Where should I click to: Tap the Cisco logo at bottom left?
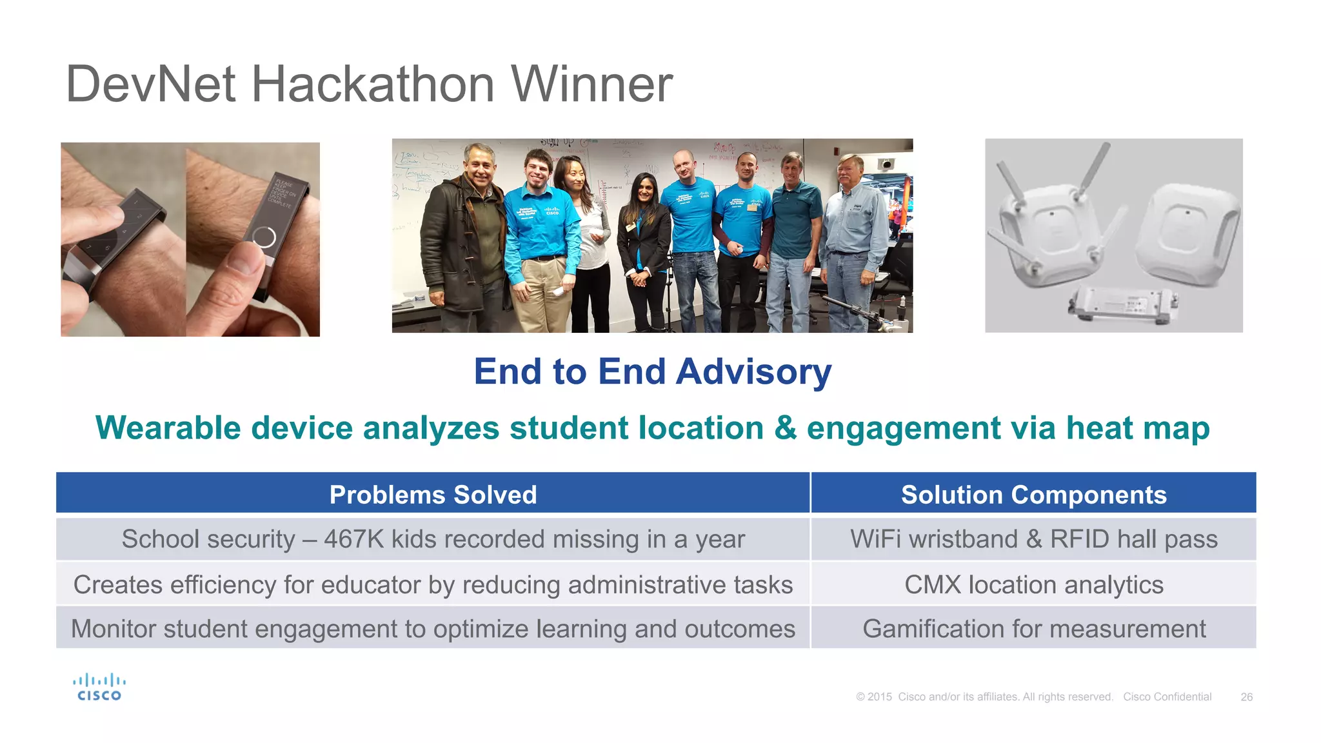[x=99, y=688]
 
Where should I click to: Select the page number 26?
[x=1246, y=697]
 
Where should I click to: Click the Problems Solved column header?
[x=433, y=495]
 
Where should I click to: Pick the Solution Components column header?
[x=1033, y=495]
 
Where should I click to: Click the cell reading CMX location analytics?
[x=1033, y=584]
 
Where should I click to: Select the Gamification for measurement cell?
[x=1033, y=628]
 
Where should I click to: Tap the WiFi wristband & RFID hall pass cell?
[x=1033, y=539]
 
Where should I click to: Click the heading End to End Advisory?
[x=652, y=371]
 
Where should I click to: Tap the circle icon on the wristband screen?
[x=264, y=237]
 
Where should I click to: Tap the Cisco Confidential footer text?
[x=1167, y=697]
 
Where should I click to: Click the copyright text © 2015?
[x=874, y=697]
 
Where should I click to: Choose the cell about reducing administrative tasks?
[x=433, y=584]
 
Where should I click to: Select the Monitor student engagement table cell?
[x=433, y=628]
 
